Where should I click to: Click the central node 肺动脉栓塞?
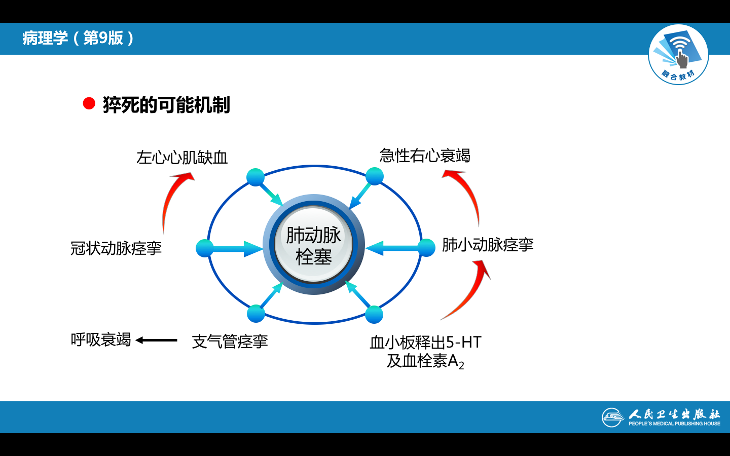(x=314, y=245)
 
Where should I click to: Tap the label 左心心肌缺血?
(x=182, y=158)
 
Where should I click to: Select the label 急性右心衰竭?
(x=425, y=156)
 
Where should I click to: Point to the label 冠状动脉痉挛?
(x=116, y=248)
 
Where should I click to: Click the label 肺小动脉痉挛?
(x=488, y=245)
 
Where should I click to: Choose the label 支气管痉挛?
(x=230, y=341)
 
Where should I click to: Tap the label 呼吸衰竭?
(x=101, y=339)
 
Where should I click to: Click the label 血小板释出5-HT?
(x=425, y=343)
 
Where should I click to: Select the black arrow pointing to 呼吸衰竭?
(x=157, y=340)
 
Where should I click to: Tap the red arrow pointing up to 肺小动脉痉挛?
(x=469, y=291)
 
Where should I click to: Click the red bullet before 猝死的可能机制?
(x=89, y=104)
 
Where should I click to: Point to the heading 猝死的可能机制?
(x=166, y=105)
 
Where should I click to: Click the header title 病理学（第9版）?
(x=78, y=38)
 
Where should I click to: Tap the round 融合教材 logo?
(x=678, y=55)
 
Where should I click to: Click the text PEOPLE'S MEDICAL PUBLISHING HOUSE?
(x=674, y=424)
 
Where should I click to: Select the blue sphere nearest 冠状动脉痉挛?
(x=205, y=248)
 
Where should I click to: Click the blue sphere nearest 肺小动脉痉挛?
(x=426, y=248)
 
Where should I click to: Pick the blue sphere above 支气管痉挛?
(x=256, y=314)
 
